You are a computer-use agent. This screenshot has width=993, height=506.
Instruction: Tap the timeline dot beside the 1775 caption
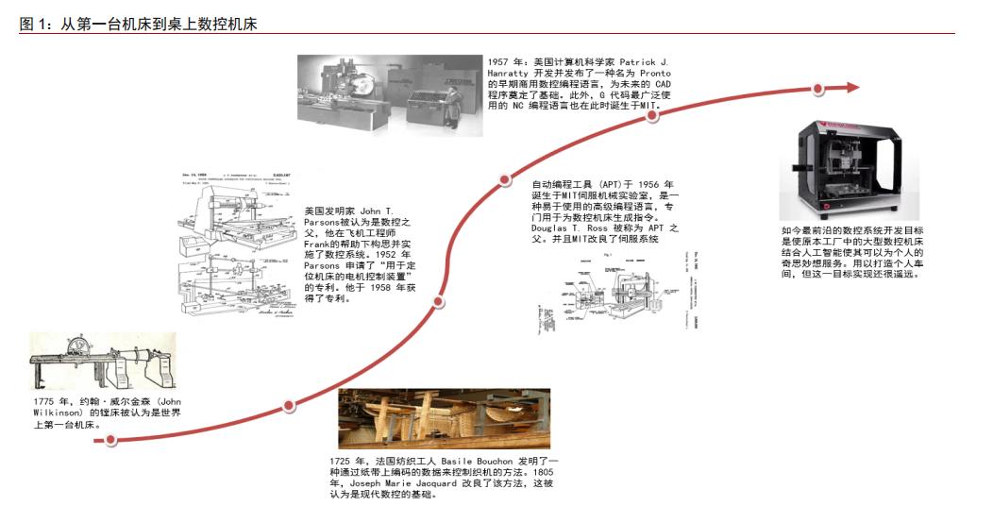110,439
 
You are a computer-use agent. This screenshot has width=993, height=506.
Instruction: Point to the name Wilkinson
59,413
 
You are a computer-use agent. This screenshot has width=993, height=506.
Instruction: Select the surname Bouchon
489,460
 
